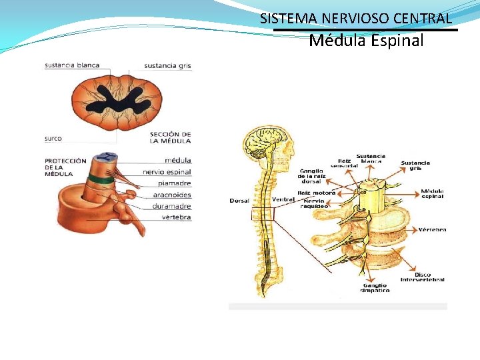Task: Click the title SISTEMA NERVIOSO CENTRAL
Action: [x=356, y=19]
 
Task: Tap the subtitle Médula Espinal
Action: [x=366, y=41]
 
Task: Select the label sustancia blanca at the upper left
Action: [x=72, y=65]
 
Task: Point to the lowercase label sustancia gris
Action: [x=167, y=66]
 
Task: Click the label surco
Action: [x=53, y=139]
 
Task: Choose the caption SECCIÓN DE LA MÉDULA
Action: [x=171, y=137]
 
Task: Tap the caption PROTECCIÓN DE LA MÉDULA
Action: [x=65, y=167]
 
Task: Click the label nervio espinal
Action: [x=167, y=172]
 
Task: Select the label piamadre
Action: [x=174, y=183]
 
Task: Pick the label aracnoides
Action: [x=171, y=195]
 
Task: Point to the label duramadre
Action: [x=171, y=206]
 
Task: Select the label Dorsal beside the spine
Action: [x=239, y=201]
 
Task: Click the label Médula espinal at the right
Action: [x=432, y=194]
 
